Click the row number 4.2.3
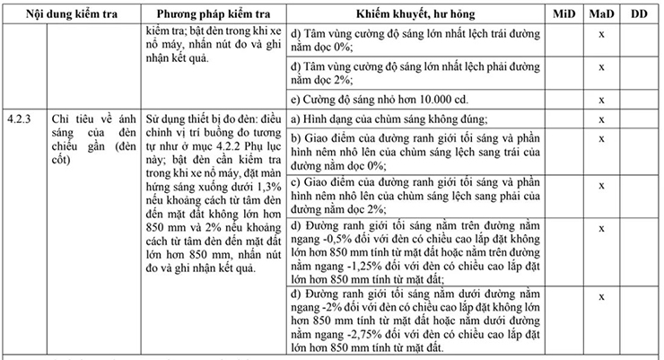coord(18,119)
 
